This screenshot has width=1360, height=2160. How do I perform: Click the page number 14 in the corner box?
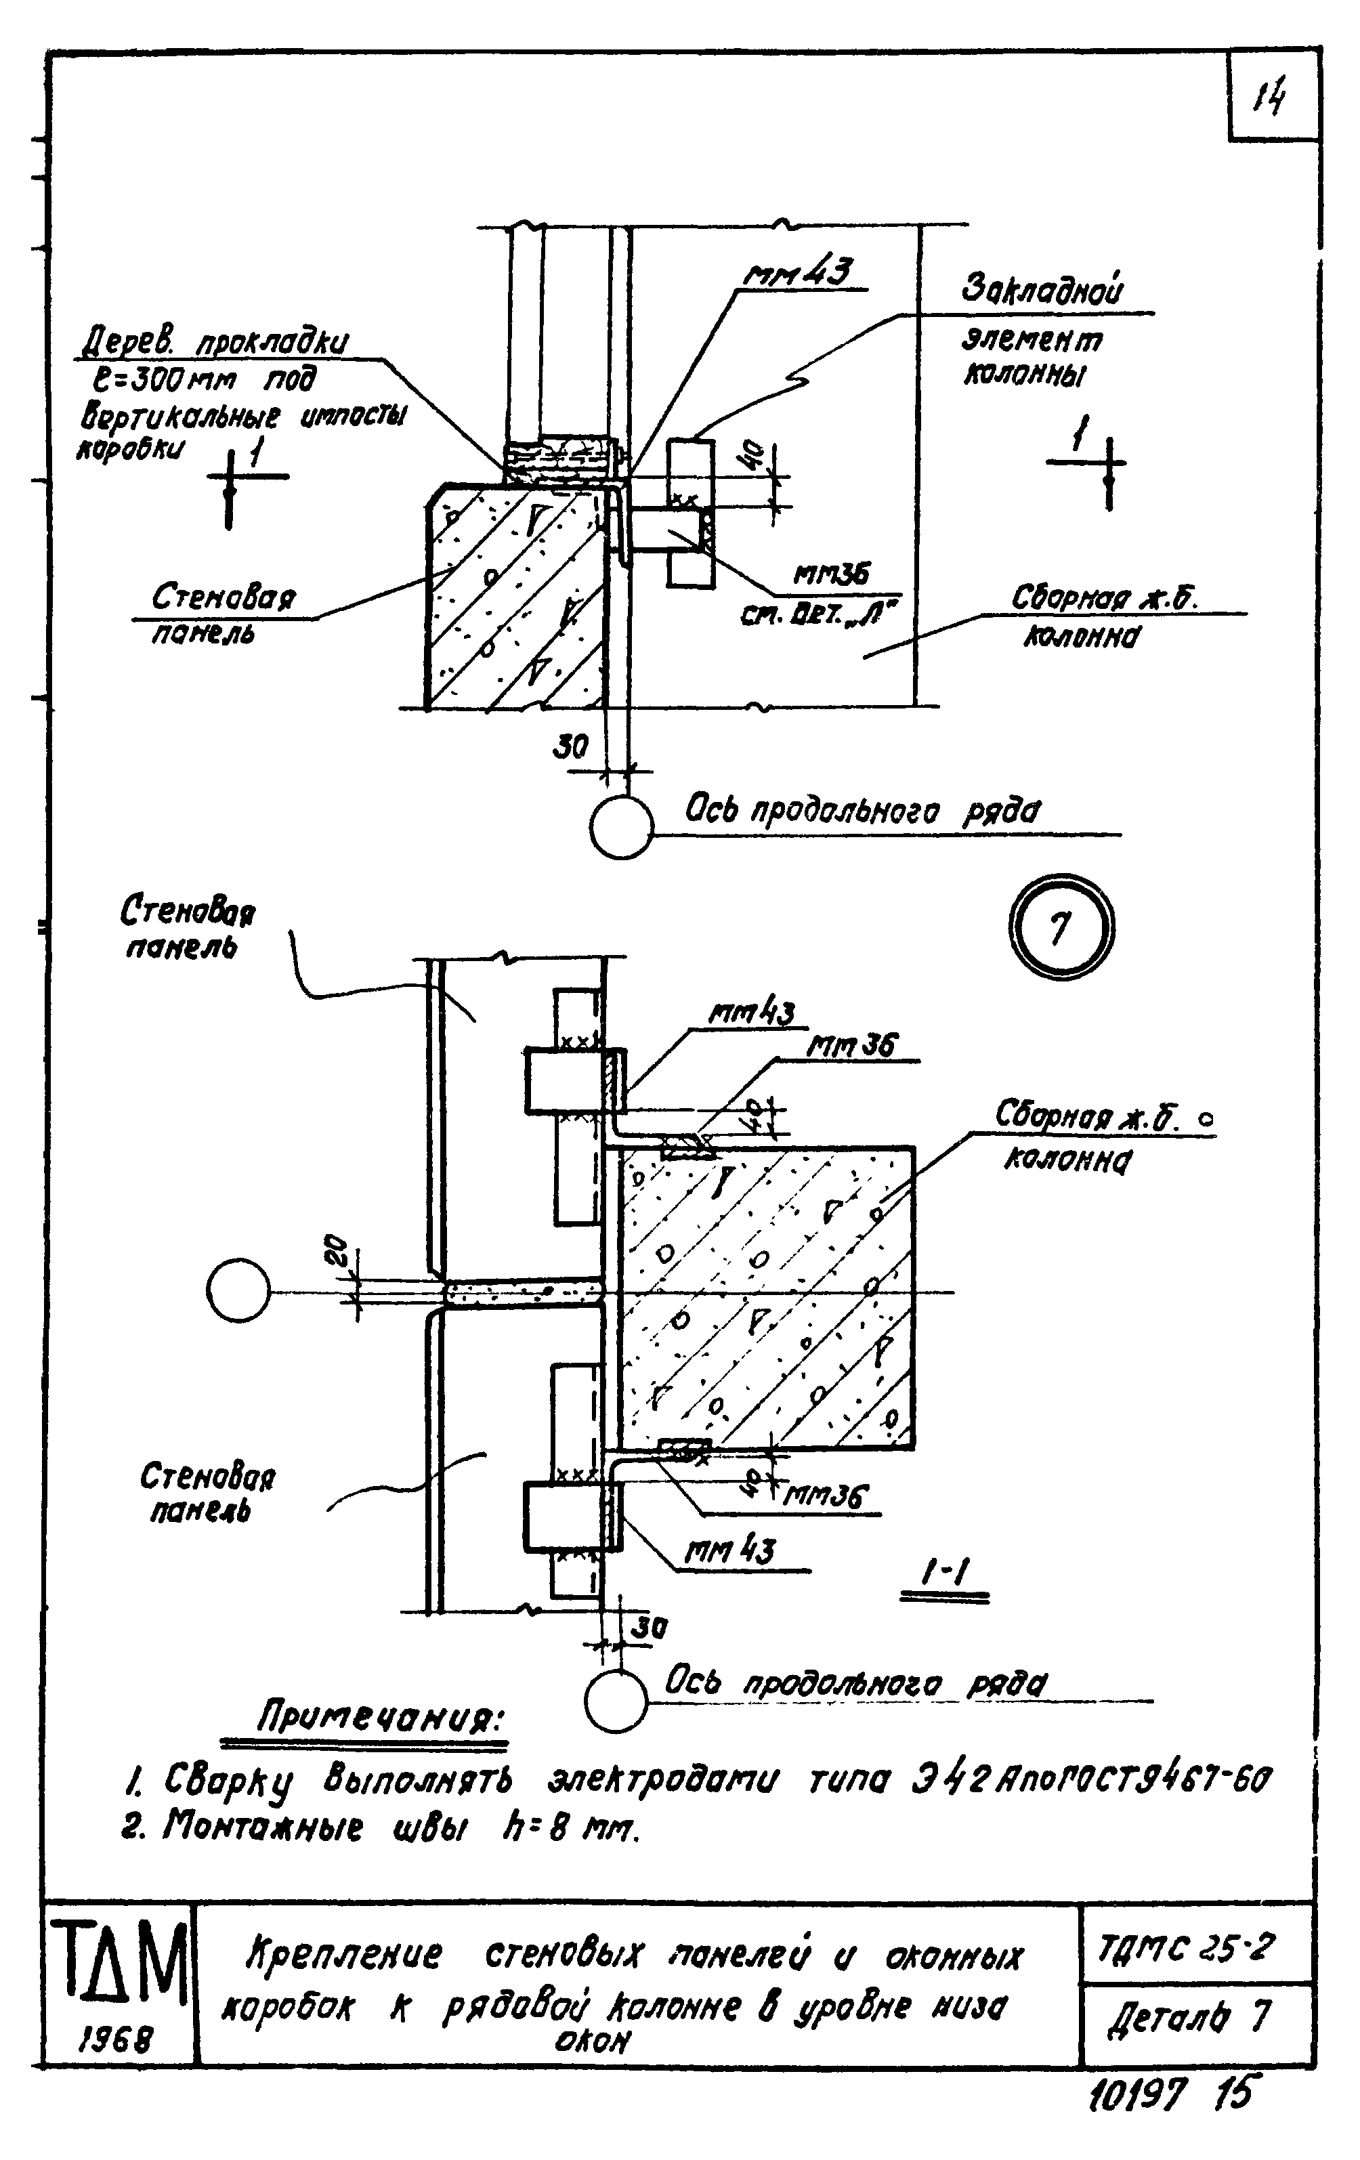click(x=1271, y=95)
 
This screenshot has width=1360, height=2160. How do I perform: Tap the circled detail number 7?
click(x=1061, y=929)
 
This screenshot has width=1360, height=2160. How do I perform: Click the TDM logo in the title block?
click(x=119, y=1966)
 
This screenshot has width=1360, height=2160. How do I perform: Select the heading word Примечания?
click(x=381, y=1720)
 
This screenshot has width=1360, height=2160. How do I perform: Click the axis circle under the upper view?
click(x=622, y=826)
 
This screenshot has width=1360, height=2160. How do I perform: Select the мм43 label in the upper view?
click(x=798, y=273)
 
